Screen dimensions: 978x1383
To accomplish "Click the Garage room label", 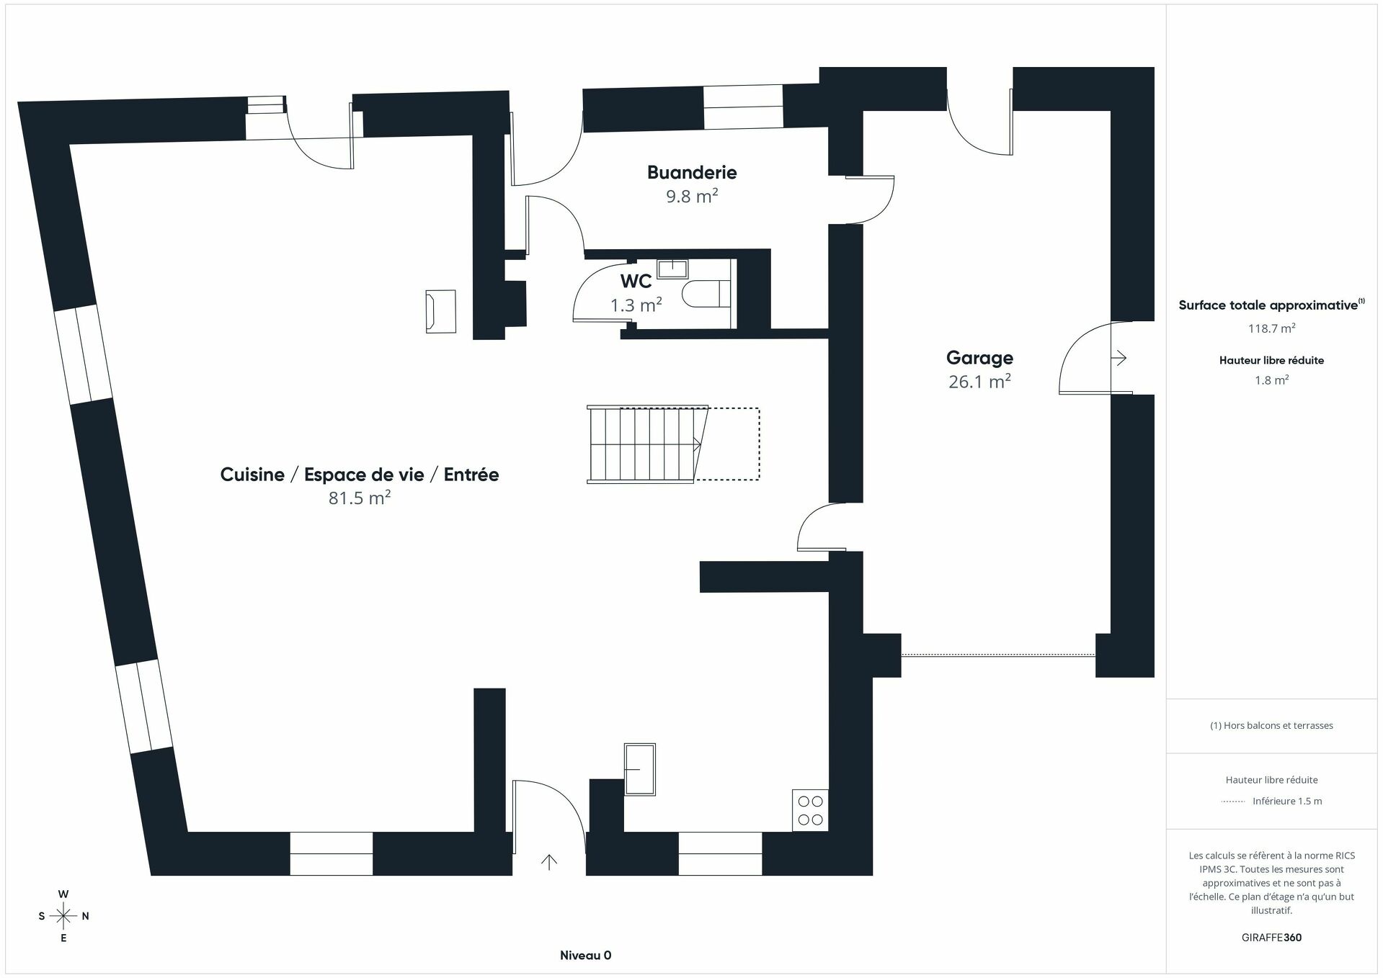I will [x=979, y=358].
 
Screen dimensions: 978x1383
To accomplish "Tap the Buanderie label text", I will [x=691, y=173].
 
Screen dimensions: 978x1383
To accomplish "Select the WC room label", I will [x=636, y=281].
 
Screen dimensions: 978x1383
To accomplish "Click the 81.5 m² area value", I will [x=359, y=498].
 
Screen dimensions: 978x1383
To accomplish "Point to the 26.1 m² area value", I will [x=979, y=382].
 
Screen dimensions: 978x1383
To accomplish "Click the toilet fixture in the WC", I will [x=705, y=294].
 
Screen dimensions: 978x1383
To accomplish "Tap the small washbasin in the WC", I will [x=672, y=269].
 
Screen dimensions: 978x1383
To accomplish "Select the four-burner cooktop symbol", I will [x=810, y=810].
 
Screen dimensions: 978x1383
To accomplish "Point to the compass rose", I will [x=63, y=916].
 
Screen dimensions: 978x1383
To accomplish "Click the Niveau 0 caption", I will [x=585, y=956].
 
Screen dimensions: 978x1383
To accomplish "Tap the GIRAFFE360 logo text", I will [x=1271, y=938].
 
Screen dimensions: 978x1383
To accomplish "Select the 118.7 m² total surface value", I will [x=1271, y=328].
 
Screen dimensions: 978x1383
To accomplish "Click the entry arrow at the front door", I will [x=549, y=861].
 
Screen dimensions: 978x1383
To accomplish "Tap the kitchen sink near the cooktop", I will [x=639, y=769].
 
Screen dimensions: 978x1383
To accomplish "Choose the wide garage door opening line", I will [x=997, y=655].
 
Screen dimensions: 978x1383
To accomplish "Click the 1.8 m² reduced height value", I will [x=1271, y=380].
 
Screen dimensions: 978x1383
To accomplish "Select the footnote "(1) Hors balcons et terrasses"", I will [x=1271, y=726].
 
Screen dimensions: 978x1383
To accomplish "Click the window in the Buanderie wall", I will [x=742, y=107].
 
